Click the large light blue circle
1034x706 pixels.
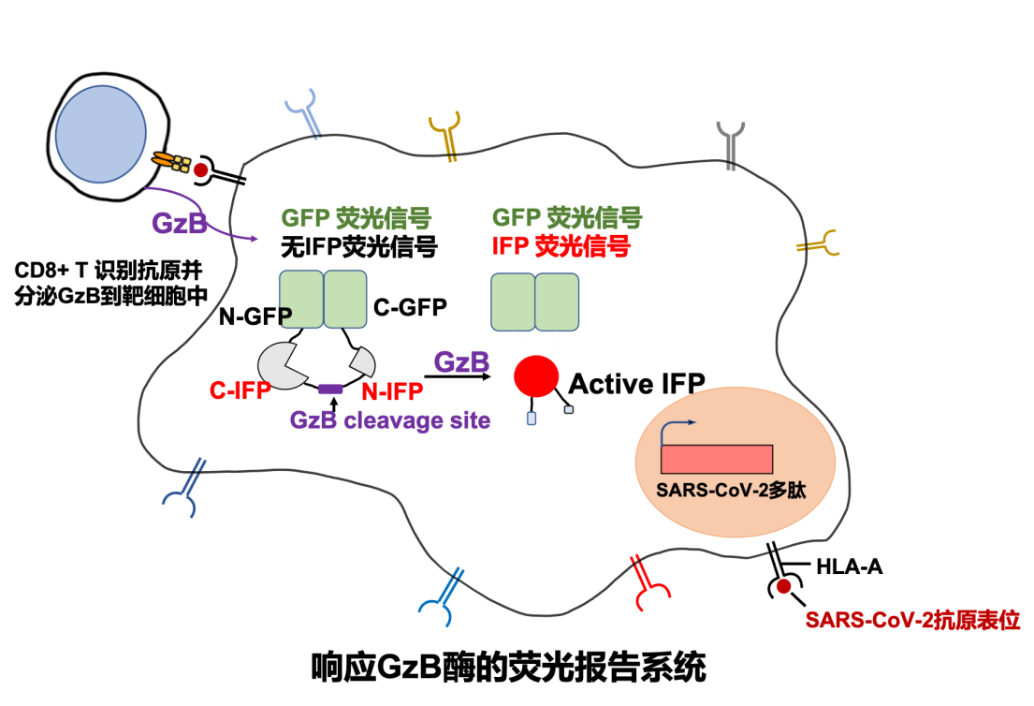(101, 134)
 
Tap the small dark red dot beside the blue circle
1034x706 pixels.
(200, 170)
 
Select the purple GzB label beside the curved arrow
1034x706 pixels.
(179, 224)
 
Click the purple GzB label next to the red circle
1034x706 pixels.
(461, 361)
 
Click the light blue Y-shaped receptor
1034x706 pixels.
(304, 113)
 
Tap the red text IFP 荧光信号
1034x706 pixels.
(561, 246)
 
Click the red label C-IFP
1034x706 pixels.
(240, 391)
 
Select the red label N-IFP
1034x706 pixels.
(392, 391)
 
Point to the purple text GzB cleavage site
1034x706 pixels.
(390, 420)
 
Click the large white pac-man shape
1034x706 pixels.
(282, 365)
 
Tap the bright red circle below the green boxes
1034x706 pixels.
(536, 376)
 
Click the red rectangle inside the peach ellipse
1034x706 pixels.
(717, 459)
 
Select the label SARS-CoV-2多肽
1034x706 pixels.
(731, 490)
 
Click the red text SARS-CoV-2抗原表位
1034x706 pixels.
(912, 620)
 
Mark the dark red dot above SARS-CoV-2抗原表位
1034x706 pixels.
(783, 586)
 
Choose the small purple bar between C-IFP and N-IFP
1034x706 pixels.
(330, 389)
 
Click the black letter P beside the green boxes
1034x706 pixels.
(285, 315)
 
